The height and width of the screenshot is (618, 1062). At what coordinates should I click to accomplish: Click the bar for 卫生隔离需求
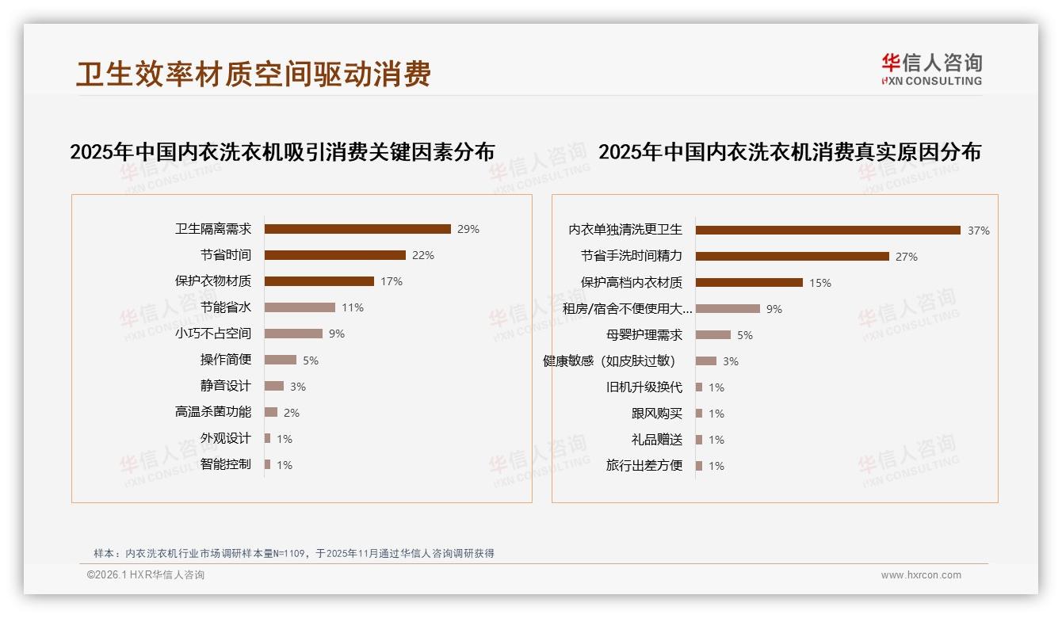tap(357, 229)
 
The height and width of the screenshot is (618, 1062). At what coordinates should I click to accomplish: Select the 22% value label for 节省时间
tap(423, 255)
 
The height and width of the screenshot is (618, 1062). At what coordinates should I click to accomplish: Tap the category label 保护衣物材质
tap(213, 281)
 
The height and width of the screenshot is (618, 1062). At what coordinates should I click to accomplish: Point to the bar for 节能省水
tap(300, 307)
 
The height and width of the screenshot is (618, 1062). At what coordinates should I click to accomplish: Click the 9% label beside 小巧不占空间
tap(337, 334)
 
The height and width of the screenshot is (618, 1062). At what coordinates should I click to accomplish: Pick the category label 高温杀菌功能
tap(213, 412)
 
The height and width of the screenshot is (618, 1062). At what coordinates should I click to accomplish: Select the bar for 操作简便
tap(281, 360)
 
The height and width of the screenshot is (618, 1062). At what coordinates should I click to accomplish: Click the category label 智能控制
tap(226, 464)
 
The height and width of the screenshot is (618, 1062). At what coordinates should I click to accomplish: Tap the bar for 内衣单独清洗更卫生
tap(828, 231)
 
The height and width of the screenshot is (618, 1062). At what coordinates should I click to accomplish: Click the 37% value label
tap(979, 231)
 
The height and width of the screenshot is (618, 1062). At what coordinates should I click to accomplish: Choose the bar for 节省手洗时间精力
tap(793, 257)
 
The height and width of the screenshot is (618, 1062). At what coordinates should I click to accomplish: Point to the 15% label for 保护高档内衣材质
tap(820, 283)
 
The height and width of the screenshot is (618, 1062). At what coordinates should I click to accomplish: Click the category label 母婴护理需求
tap(644, 335)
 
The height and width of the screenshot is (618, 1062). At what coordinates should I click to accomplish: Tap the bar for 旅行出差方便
tap(699, 466)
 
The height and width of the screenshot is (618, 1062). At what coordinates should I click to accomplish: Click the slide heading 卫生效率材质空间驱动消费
tap(254, 74)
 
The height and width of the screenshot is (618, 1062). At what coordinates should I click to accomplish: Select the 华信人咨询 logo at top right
tap(932, 69)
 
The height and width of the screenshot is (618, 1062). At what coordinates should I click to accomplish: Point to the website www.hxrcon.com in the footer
tap(921, 575)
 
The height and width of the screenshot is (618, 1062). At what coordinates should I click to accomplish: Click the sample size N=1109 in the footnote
tap(291, 554)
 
